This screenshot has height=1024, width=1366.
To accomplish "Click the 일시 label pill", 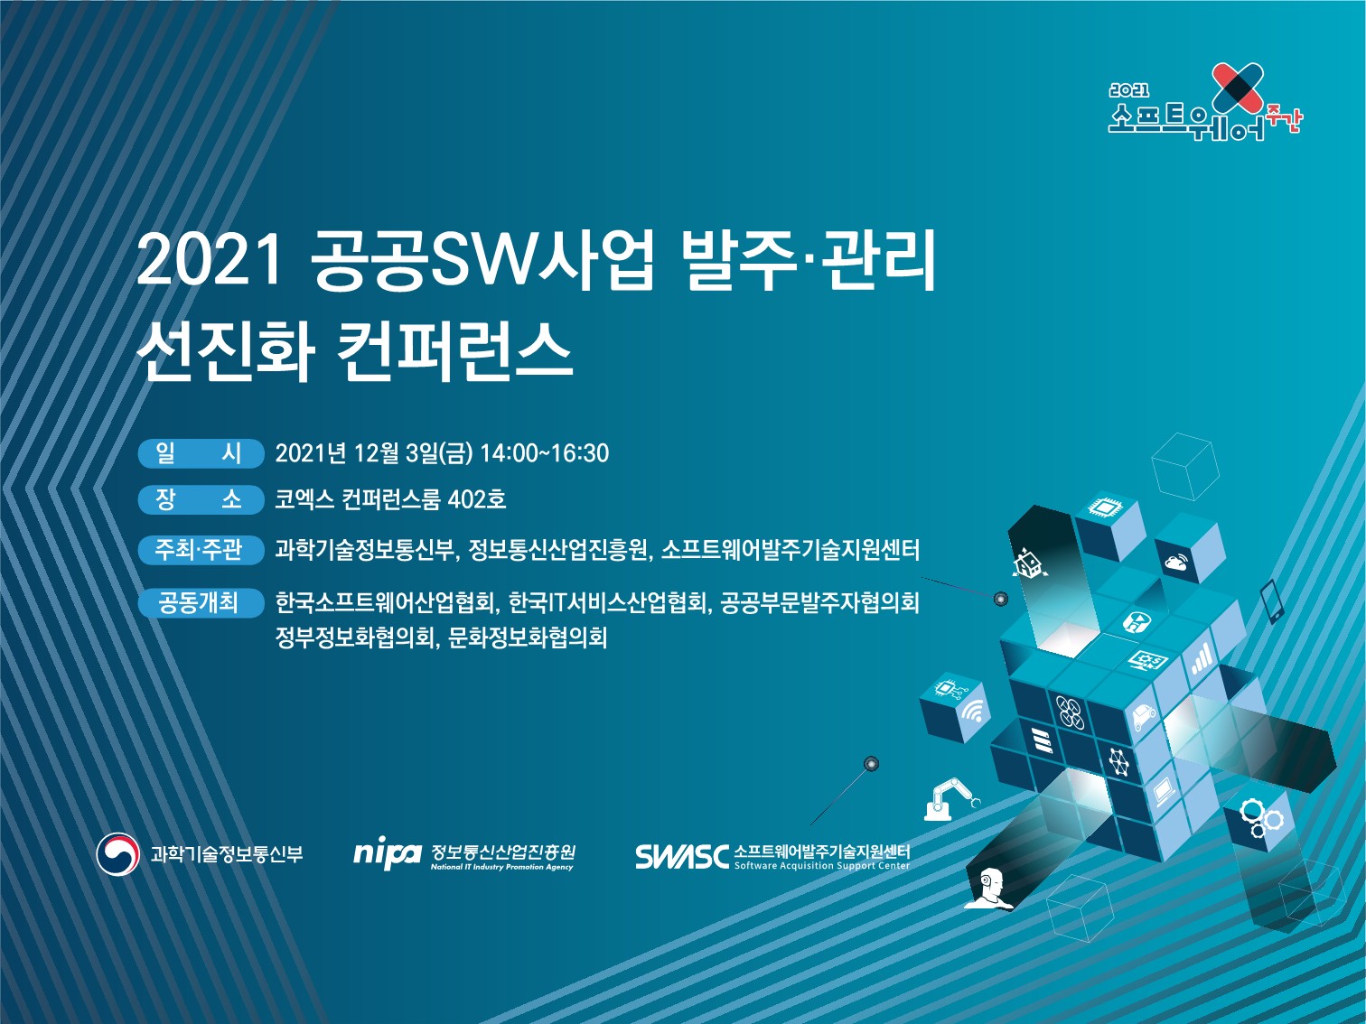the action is click(201, 452).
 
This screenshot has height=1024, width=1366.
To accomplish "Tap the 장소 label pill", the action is click(201, 499).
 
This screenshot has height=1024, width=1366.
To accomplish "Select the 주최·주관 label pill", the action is click(201, 550).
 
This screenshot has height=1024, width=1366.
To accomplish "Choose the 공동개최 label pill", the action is click(201, 602).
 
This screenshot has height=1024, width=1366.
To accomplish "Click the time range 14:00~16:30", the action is click(545, 453).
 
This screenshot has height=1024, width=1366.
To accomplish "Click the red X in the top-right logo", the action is click(1239, 93).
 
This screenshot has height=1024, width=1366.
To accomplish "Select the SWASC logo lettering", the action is click(681, 857).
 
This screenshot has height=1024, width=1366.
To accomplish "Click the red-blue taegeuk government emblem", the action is click(118, 853).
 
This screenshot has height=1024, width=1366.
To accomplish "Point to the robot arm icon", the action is click(951, 798).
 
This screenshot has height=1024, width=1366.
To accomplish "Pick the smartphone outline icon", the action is click(1272, 600).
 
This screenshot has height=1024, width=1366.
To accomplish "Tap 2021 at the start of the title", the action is click(209, 263).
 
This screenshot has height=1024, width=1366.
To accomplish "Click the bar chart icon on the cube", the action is click(1201, 659).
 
